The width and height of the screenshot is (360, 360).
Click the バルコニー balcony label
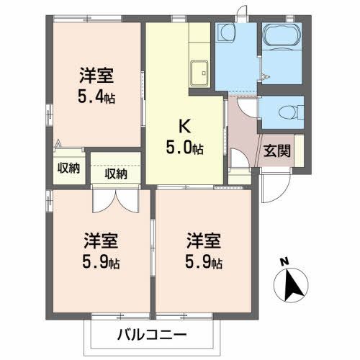pos(151,335)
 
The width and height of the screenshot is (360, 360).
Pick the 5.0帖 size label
pos(184,149)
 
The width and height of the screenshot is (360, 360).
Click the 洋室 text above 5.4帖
pos(96,74)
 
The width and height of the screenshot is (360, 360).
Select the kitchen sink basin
pos(199,73)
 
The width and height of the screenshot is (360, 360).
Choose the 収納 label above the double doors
pos(116,173)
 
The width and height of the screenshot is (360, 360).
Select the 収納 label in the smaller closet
pos(69,168)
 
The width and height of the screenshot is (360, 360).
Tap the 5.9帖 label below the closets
pos(101,261)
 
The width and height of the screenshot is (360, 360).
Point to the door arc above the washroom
pos(246,11)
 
